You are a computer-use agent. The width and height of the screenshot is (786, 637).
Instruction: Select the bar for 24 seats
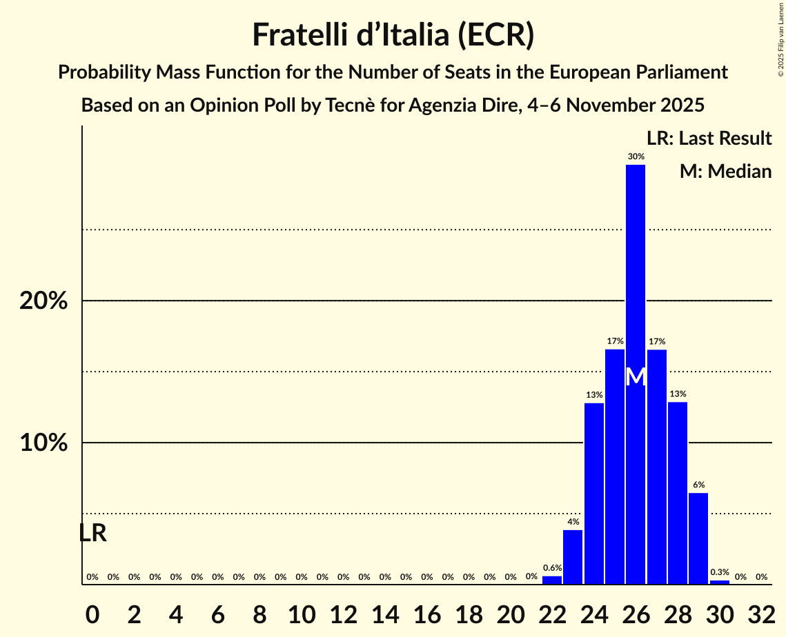[x=593, y=493]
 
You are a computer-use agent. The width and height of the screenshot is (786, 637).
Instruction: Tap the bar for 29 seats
[x=698, y=538]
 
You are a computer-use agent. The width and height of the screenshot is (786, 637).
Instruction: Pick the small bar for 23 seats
[x=573, y=556]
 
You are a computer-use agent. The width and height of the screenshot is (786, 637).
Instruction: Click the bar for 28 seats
[x=677, y=492]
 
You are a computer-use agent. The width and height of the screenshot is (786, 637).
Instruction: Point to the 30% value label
[x=636, y=156]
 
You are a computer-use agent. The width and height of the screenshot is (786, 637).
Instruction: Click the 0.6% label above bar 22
[x=552, y=567]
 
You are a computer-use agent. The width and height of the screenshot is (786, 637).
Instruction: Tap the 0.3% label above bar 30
[x=719, y=572]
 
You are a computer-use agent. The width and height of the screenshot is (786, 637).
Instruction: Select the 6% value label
[x=698, y=485]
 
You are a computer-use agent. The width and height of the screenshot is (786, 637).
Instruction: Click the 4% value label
[x=573, y=522]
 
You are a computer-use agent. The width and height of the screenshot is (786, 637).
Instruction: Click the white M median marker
[x=636, y=377]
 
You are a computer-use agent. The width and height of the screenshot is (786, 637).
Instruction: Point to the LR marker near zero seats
[x=92, y=533]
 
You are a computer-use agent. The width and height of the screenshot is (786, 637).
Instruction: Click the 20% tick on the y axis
[x=43, y=301]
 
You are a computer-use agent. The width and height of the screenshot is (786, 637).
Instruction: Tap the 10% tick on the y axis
[x=43, y=443]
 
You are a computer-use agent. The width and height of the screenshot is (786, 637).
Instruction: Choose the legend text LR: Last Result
[x=709, y=139]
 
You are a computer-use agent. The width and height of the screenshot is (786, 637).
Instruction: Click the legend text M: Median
[x=725, y=171]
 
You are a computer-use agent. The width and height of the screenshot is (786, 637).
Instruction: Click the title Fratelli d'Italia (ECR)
[x=393, y=35]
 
